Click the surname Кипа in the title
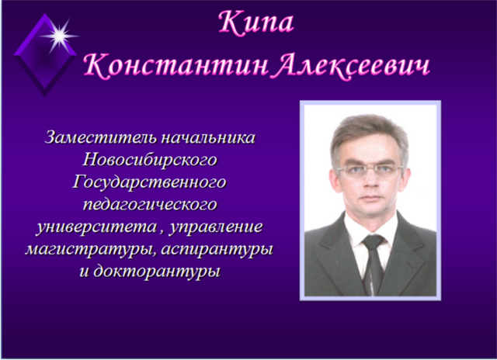(256, 22)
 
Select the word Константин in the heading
(176, 66)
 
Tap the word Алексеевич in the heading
(352, 66)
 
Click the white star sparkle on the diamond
(59, 36)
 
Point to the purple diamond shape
(45, 55)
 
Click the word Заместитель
(101, 137)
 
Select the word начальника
(208, 137)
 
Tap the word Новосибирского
(150, 160)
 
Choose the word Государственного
(150, 182)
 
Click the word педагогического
(150, 205)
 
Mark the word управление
(216, 227)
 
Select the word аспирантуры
(217, 249)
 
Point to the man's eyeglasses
(370, 171)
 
